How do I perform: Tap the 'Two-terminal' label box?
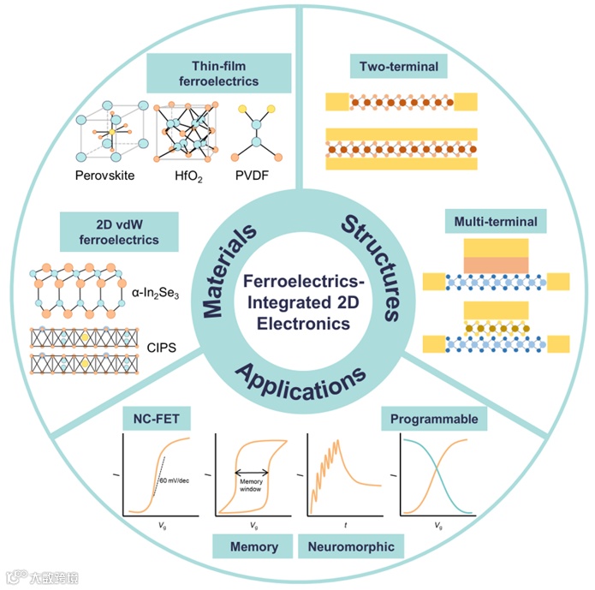[x=398, y=67]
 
